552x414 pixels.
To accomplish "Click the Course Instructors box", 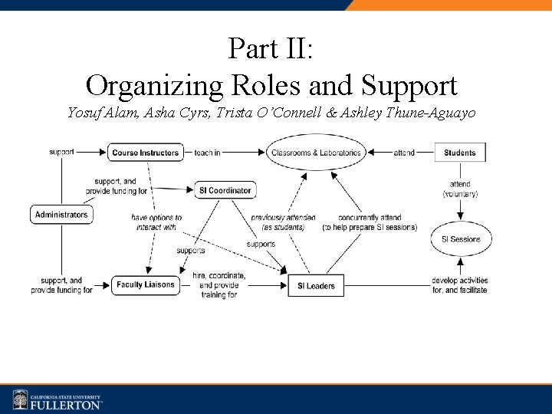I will click(x=146, y=153).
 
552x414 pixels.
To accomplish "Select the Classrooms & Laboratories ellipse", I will click(x=315, y=153).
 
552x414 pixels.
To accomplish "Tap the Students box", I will click(x=459, y=153).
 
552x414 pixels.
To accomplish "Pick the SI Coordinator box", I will click(x=225, y=190).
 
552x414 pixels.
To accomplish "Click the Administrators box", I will click(x=61, y=215).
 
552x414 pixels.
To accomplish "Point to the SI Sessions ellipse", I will click(x=460, y=239).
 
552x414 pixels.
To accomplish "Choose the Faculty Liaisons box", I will click(x=146, y=285).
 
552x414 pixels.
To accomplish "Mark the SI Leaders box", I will click(x=316, y=286).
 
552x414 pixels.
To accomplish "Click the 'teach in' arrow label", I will click(x=207, y=153).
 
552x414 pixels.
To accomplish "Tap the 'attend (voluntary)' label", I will click(x=460, y=189).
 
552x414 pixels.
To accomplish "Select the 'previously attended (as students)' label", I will click(x=283, y=222).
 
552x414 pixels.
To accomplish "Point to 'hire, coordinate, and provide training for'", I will click(x=219, y=284).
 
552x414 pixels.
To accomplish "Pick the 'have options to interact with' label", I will click(x=156, y=222).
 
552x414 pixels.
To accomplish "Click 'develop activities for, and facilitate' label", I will click(x=460, y=285).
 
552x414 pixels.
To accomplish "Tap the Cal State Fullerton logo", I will click(x=58, y=400).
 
